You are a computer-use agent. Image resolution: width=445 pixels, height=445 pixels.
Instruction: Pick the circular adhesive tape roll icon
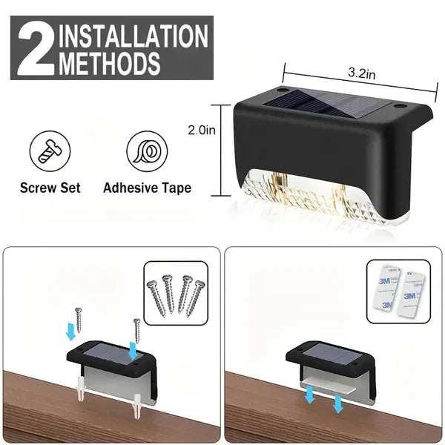click(146, 154)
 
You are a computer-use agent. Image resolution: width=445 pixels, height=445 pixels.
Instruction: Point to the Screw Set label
click(50, 188)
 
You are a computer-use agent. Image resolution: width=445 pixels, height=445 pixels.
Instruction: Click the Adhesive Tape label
click(147, 188)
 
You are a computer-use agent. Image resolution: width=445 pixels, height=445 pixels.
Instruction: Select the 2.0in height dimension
click(202, 131)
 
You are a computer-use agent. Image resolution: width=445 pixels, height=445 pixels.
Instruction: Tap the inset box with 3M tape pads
click(398, 291)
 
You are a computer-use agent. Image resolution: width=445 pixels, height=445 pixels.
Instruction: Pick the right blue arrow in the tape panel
click(337, 405)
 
